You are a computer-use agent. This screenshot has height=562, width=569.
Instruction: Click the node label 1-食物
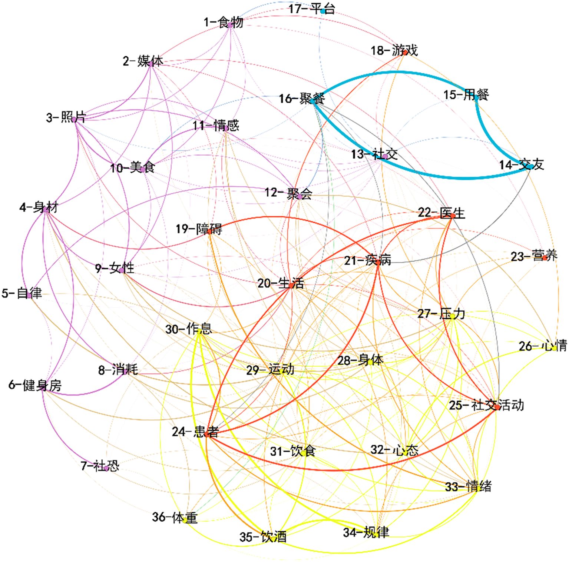tap(223, 22)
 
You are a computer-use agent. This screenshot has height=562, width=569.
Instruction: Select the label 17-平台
tap(311, 9)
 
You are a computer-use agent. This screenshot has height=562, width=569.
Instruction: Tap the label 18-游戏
tap(394, 50)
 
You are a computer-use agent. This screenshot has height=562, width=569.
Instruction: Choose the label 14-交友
tap(521, 164)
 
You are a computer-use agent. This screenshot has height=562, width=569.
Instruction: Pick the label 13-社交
tap(374, 154)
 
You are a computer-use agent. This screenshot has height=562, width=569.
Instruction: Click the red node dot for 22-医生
tap(452, 216)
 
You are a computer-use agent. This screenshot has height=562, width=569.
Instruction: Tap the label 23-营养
tap(534, 256)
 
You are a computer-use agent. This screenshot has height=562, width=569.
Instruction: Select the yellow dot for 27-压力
tap(453, 316)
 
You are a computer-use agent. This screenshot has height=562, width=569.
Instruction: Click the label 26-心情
tap(543, 346)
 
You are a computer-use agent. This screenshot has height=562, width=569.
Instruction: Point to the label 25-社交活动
tap(486, 405)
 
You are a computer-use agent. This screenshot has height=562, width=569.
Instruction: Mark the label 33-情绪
tap(468, 486)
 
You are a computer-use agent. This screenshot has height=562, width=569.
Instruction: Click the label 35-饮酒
tap(263, 536)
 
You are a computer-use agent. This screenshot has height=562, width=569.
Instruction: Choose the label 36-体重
tap(175, 517)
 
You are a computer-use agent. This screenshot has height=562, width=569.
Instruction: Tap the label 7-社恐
tap(100, 465)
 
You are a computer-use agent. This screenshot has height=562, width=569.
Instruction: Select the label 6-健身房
tap(35, 385)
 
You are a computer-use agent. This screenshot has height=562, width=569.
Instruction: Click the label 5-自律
tap(21, 293)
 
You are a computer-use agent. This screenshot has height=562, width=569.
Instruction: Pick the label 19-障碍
tap(199, 229)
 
